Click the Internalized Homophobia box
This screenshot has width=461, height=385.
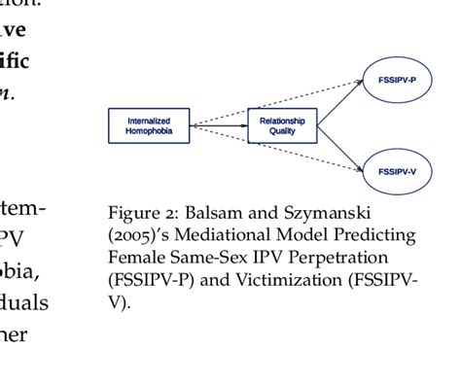click(x=149, y=125)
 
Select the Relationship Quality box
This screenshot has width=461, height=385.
click(x=283, y=125)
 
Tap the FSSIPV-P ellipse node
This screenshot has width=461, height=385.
click(x=398, y=79)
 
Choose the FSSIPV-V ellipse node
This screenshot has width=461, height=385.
click(x=398, y=171)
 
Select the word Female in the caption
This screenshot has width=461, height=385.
click(x=131, y=257)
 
